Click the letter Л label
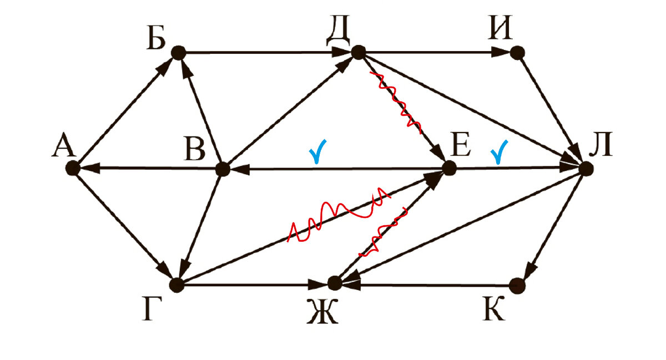point(601,146)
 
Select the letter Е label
point(461,146)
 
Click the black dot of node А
point(71,168)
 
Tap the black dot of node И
point(517,53)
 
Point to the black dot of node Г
point(177,285)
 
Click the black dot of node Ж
point(334,283)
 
